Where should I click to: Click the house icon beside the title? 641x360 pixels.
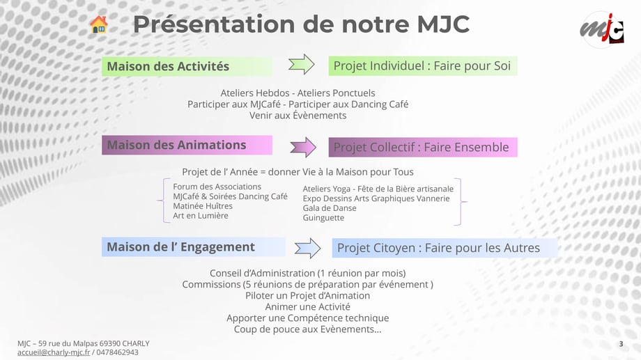[98, 24]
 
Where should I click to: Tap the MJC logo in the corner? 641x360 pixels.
[602, 29]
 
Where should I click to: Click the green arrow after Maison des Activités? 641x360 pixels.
[301, 65]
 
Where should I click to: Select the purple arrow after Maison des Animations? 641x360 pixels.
[303, 147]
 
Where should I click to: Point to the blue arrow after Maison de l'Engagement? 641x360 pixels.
[307, 248]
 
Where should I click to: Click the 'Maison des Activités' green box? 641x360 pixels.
[187, 66]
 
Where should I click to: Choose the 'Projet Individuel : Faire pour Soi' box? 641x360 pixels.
[423, 65]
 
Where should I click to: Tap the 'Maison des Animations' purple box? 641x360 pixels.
[187, 145]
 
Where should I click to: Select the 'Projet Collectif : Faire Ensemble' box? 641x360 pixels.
[423, 147]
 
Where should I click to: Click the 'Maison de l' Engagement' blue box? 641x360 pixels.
[194, 246]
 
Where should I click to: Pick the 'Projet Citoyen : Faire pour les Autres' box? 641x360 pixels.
[445, 248]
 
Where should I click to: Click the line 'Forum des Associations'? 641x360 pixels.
[217, 187]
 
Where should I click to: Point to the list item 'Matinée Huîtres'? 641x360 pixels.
[202, 206]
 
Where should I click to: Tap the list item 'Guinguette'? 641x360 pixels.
[323, 218]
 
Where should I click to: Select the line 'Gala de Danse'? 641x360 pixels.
[330, 208]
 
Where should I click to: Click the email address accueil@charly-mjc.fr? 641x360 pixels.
[54, 352]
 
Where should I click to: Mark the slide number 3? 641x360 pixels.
[621, 344]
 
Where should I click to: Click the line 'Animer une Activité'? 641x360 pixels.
[307, 307]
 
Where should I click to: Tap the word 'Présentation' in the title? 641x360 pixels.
[213, 24]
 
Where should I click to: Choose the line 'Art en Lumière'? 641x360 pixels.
[201, 216]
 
